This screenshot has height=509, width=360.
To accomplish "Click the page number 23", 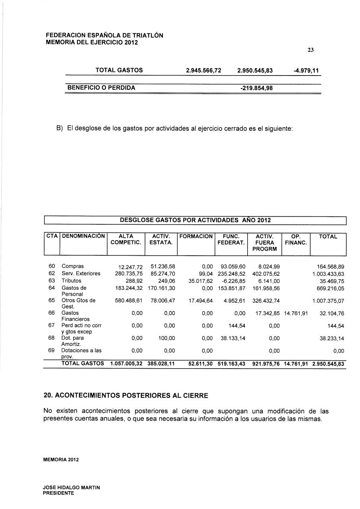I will [311, 50].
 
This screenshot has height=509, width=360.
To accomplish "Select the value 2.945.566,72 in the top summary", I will [203, 70].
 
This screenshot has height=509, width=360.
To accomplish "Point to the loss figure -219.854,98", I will [257, 88].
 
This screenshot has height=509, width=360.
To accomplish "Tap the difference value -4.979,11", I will [306, 70].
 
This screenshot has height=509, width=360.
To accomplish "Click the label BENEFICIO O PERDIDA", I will [101, 88].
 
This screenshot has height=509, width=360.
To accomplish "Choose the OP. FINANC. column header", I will [296, 239].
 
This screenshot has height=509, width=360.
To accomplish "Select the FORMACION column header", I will [196, 237].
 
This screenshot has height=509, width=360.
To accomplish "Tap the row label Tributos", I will [72, 281].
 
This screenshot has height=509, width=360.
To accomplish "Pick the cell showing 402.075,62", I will [266, 274].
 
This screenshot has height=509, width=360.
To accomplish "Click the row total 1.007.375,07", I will [328, 301].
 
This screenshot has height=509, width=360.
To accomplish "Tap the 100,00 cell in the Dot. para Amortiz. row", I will [167, 338].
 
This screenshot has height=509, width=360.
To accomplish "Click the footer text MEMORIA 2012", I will [61, 460].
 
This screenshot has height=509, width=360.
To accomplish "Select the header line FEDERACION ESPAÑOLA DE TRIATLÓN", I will [105, 35].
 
